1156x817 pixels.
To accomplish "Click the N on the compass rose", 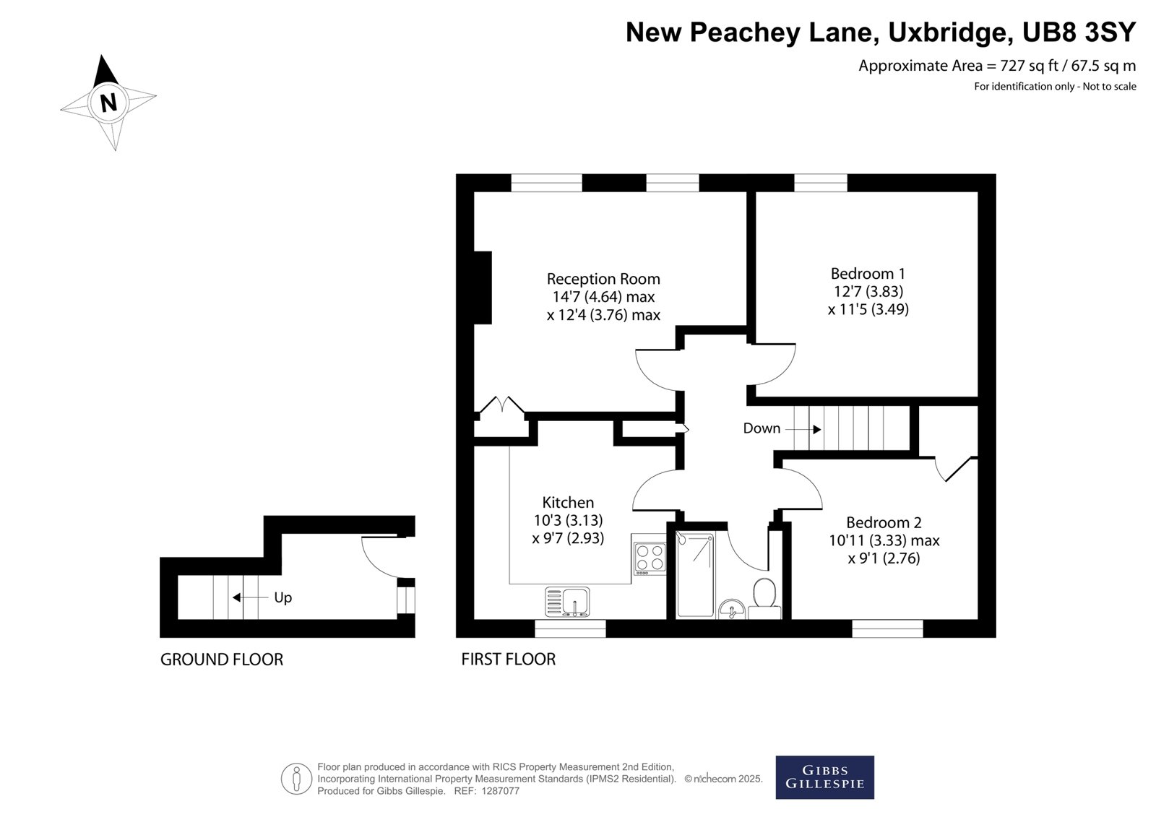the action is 108,103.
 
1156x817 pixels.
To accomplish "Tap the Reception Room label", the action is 603,280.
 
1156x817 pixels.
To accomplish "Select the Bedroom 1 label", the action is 868,274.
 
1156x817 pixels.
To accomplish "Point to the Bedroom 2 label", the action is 884,523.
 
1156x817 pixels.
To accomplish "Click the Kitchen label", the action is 568,502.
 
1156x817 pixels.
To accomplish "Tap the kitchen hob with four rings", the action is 650,558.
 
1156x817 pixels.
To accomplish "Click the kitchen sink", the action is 567,602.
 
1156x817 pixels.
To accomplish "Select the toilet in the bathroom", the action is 764,599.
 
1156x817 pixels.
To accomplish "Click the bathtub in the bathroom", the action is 696,575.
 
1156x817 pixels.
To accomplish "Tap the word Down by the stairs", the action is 762,428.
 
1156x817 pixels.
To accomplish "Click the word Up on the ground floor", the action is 282,598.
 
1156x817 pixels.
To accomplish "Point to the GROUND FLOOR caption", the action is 222,660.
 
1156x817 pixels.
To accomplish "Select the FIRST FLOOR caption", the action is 509,659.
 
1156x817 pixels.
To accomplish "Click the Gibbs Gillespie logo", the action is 824,777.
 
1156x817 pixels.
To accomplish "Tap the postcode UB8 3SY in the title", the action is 1079,32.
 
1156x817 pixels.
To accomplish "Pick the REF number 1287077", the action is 500,791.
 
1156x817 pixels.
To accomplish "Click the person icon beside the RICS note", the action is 296,779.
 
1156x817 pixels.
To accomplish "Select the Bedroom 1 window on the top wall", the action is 821,183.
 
